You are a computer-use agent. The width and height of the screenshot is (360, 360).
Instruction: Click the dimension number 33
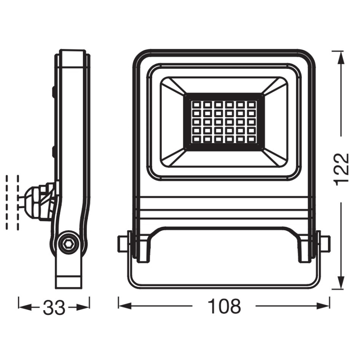pos(54,307)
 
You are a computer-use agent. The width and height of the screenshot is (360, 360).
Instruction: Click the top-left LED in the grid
pos(197,103)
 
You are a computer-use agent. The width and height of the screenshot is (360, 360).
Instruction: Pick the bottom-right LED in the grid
pos(251,140)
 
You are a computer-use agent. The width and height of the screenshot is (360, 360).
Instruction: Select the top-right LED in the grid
pos(251,103)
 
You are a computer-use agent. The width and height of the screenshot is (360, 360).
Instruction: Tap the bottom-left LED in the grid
pos(197,140)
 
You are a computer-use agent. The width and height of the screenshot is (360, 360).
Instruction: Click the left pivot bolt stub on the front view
pos(122,243)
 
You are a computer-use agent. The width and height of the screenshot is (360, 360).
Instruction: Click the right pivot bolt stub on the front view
pos(325,243)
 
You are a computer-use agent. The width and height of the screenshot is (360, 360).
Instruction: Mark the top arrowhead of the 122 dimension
pos(340,57)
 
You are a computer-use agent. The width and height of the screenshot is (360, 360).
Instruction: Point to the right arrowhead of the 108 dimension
pos(324,306)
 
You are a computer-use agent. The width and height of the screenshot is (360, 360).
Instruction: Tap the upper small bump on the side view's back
pos(54,92)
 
